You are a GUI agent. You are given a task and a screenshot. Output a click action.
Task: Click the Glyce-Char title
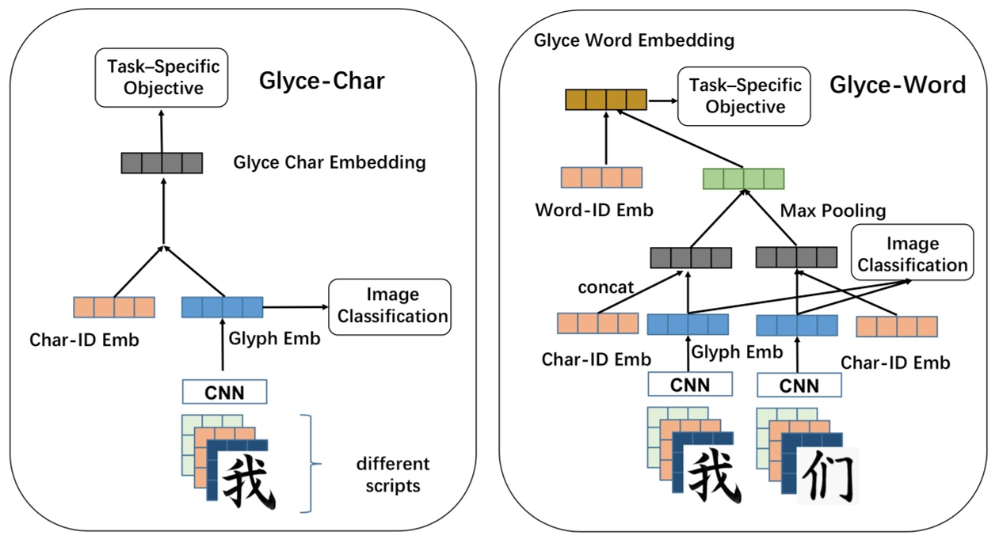coord(322,81)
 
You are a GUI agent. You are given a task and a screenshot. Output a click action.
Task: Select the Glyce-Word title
coord(898,85)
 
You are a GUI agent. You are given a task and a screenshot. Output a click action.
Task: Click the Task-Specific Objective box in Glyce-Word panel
coord(745,96)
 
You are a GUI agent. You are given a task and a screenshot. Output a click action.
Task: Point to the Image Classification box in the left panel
coord(389,306)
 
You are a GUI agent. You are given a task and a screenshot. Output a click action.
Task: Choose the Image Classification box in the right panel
coord(912,254)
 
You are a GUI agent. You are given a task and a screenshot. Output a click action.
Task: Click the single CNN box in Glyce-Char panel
coord(224,392)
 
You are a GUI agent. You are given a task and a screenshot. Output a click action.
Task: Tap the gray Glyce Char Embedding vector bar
coord(162,163)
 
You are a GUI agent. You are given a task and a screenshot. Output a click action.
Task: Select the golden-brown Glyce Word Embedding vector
coord(606,100)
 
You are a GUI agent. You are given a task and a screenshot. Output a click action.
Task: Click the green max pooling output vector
coord(743,179)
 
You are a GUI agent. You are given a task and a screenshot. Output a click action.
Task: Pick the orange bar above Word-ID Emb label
coord(601,177)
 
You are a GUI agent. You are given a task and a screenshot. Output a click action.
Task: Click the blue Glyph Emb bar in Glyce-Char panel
coord(222,306)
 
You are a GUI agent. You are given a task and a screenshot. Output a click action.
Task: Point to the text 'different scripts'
coord(392,474)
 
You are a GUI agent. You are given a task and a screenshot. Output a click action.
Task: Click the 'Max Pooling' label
coord(833,211)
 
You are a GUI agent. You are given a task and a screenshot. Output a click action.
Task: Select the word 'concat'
coord(607,287)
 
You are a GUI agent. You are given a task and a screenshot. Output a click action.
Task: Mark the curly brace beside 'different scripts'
coord(316,462)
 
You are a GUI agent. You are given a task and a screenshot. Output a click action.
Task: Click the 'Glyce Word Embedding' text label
coord(634,40)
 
